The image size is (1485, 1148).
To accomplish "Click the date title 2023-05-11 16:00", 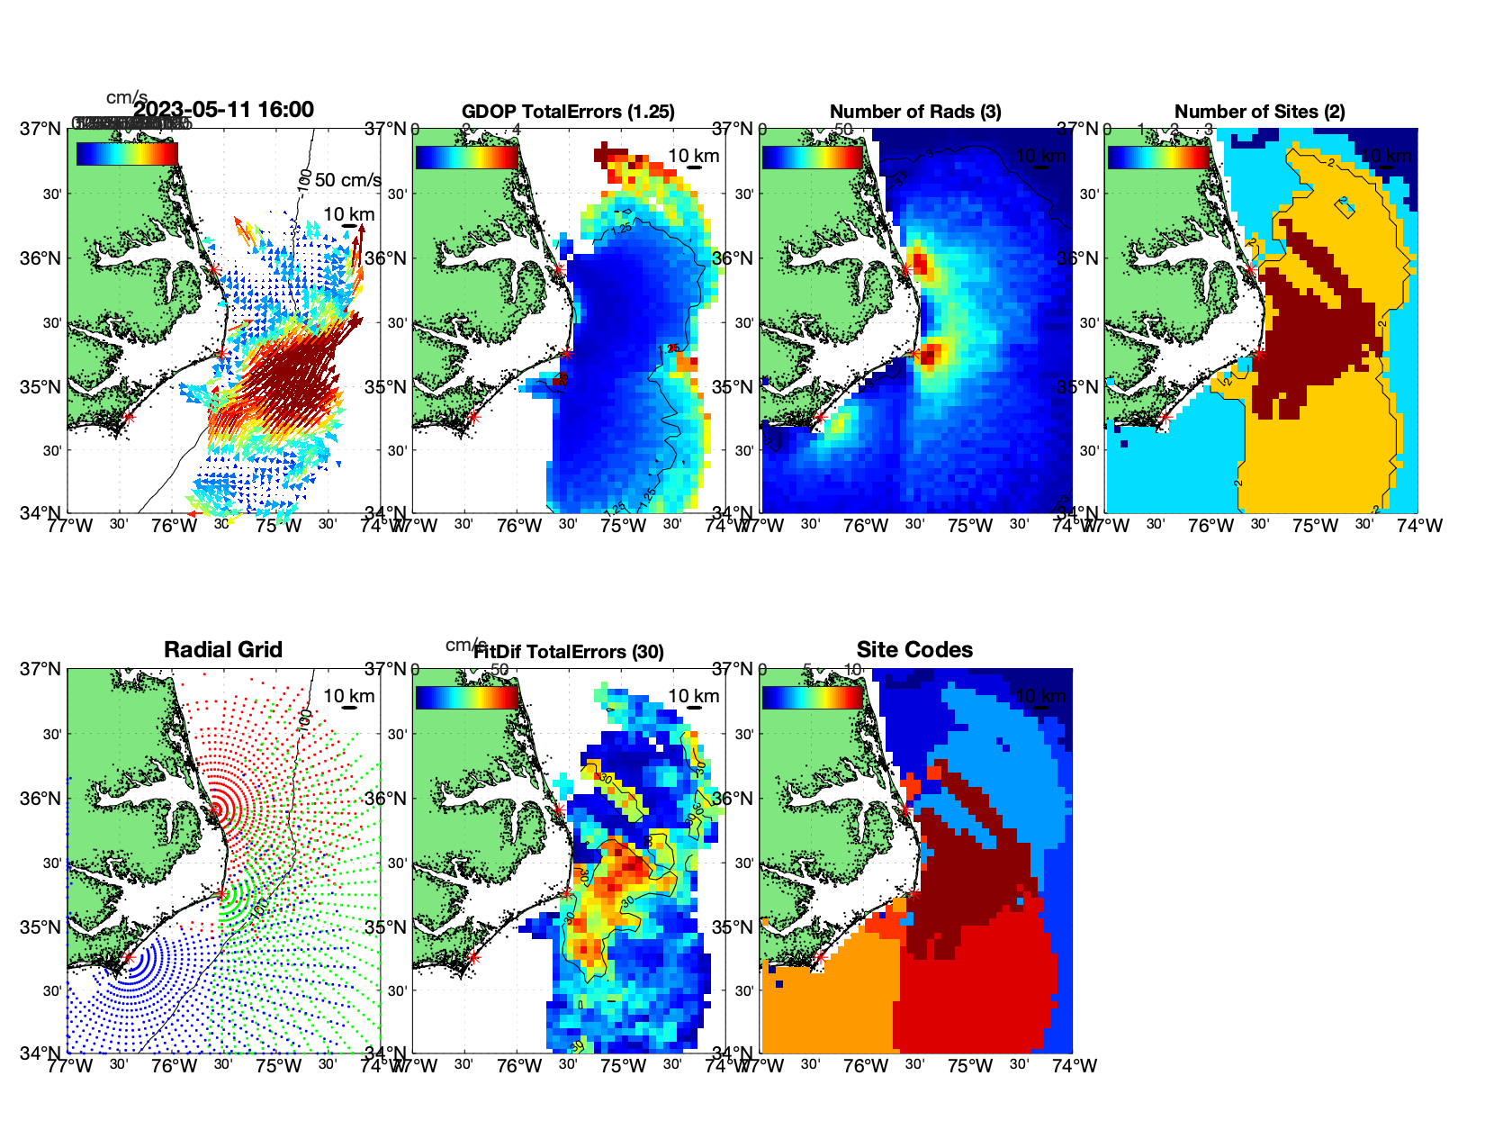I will coord(224,110).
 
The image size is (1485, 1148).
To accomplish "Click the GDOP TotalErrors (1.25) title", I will coord(568,112).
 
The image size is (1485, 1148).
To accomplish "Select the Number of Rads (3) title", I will coord(915,112).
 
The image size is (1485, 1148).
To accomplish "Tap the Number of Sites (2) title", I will coord(1259,112).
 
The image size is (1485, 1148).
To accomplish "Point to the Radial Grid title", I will coord(223,650).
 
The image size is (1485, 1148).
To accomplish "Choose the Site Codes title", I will coord(914,650).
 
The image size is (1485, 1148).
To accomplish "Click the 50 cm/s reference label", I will coord(347,180).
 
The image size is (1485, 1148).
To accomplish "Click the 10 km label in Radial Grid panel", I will coord(348,696).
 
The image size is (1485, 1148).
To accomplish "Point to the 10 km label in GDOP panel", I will coord(693,156).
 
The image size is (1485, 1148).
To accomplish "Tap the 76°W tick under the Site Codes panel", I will coord(866,1066).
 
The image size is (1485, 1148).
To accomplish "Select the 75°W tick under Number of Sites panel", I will coord(1315,526).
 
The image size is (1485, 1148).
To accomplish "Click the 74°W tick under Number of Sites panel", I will coord(1419,526).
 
